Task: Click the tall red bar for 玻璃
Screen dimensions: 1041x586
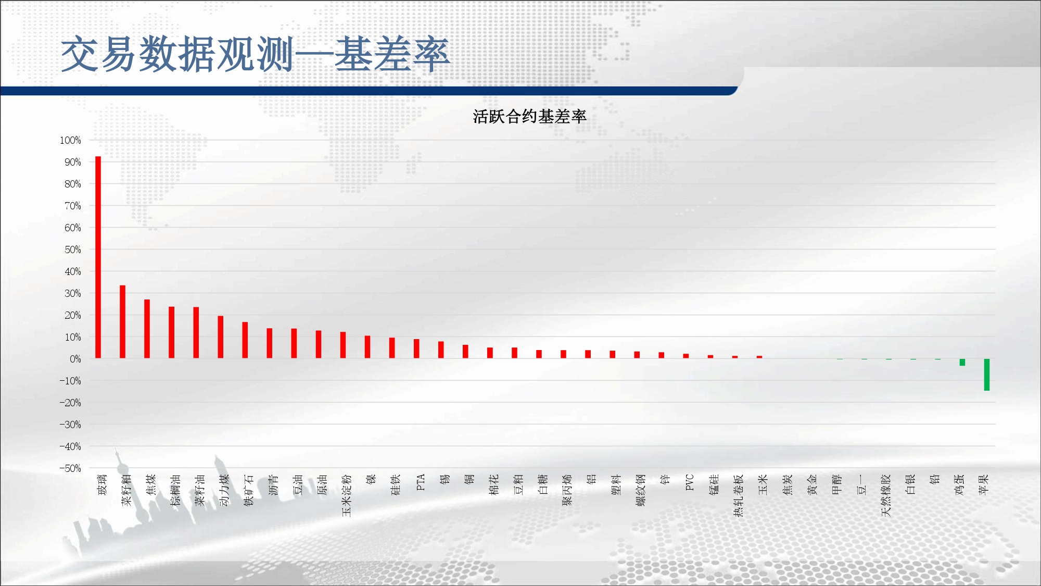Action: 98,257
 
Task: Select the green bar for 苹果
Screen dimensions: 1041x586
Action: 986,375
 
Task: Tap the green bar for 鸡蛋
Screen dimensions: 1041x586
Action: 962,362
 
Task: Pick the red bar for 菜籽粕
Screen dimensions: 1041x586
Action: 122,322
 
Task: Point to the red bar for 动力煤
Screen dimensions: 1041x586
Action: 220,337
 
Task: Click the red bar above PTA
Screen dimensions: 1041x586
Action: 416,348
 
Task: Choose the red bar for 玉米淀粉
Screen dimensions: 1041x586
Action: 343,345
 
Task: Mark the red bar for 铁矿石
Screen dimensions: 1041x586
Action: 245,340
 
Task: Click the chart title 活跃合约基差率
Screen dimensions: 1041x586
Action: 529,116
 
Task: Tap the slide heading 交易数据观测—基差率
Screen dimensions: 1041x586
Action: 255,54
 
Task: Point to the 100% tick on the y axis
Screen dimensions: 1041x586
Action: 70,140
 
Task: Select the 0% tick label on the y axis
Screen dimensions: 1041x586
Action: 75,359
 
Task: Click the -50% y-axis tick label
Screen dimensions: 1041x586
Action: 70,468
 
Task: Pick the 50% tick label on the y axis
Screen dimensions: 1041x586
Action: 73,250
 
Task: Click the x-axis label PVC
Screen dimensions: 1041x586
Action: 690,482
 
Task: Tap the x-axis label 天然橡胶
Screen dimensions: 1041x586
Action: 886,495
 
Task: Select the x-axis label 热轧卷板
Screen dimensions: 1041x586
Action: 739,495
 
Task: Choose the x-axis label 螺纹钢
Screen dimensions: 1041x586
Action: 641,490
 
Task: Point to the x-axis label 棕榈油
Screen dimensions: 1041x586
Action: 175,490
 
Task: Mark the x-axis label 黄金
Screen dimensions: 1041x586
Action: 812,484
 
